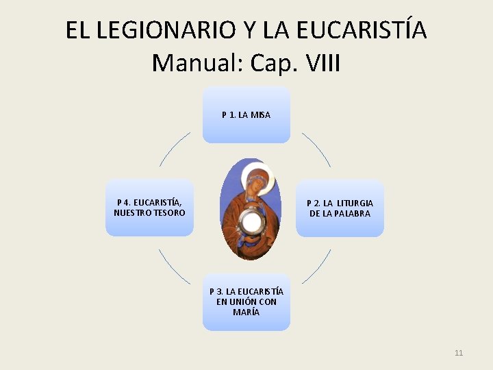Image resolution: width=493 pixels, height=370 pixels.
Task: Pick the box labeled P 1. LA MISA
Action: point(246,114)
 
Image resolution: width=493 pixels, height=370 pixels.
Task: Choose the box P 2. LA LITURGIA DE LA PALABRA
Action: point(340,208)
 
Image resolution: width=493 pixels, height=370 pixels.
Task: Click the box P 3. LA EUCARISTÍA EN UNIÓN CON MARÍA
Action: point(246,302)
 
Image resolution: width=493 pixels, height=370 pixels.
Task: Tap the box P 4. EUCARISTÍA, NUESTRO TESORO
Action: point(149,208)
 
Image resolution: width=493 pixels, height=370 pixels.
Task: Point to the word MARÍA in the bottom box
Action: point(246,312)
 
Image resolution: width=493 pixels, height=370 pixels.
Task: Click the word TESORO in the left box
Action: point(169,213)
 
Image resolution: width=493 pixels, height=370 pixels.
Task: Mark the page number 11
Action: point(458,353)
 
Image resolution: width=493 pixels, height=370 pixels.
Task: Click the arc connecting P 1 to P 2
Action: point(317,149)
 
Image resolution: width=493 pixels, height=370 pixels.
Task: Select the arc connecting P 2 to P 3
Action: point(316,267)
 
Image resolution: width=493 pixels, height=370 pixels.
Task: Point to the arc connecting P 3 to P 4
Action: point(175,267)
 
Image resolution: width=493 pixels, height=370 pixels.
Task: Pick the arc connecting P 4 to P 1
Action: point(175,149)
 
